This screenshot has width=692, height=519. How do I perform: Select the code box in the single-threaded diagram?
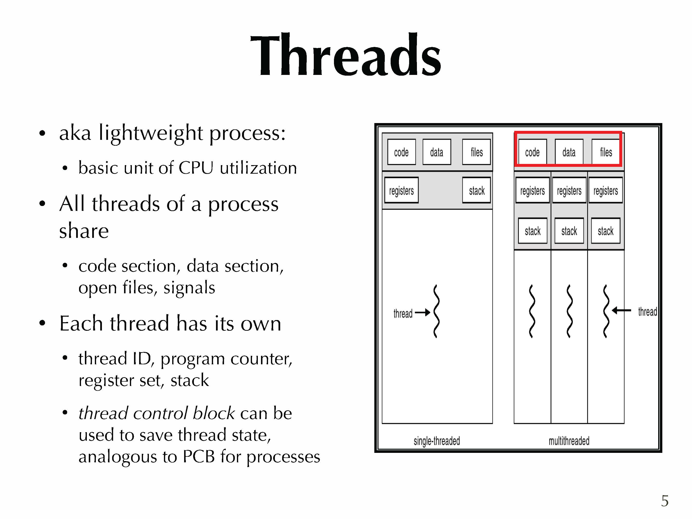click(401, 152)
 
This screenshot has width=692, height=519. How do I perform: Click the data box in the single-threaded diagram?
click(437, 152)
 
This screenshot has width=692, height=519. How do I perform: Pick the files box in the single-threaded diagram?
click(476, 152)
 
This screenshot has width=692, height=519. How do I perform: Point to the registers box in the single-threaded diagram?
click(401, 190)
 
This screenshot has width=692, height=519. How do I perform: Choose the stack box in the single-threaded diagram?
click(476, 190)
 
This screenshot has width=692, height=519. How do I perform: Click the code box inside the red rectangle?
click(532, 152)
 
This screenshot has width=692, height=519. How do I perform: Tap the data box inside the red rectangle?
click(569, 152)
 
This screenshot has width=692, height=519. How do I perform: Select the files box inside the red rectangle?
click(606, 152)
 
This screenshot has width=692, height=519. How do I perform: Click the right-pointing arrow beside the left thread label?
click(422, 312)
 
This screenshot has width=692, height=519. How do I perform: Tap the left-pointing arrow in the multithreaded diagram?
click(621, 310)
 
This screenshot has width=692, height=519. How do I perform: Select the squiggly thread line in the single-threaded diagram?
click(436, 311)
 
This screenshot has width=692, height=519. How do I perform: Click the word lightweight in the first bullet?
click(151, 133)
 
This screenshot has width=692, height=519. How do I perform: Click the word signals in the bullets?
click(189, 287)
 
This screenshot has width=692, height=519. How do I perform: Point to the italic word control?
click(161, 413)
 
